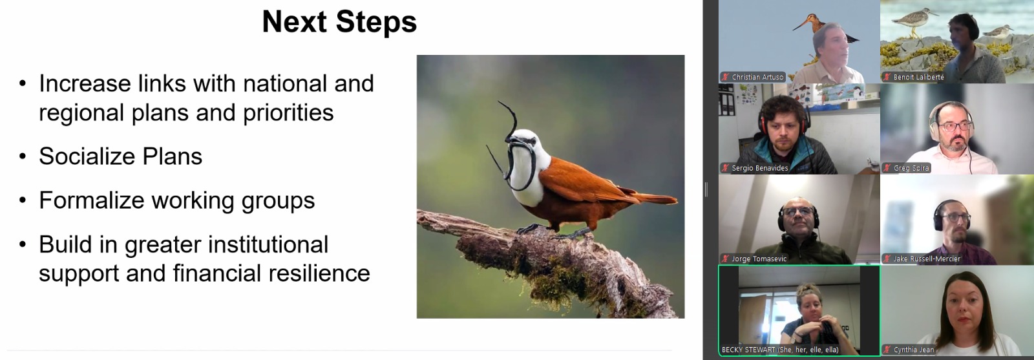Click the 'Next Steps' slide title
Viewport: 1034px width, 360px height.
coord(339,22)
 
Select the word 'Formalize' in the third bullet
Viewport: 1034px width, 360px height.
coord(91,200)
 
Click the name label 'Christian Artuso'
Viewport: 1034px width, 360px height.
coord(757,77)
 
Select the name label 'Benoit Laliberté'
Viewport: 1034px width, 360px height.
coord(918,77)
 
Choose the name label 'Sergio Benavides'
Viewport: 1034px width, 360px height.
coord(760,168)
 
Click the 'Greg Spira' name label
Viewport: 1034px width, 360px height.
coord(911,168)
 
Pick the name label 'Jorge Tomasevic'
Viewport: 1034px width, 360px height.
coord(759,259)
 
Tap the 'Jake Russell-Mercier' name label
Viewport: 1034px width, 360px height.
coord(927,259)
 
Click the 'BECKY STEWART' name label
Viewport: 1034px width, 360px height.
coord(748,350)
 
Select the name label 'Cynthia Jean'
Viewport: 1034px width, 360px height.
coord(914,350)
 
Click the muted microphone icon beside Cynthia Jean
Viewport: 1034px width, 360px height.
coord(887,350)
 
